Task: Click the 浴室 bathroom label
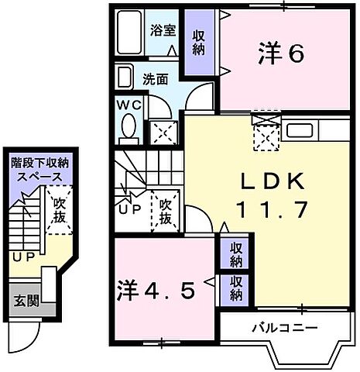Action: point(163,33)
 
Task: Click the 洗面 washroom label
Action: point(155,78)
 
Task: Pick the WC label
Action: point(129,105)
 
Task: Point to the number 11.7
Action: point(272,210)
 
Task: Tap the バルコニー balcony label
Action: point(284,328)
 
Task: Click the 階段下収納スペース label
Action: point(39,169)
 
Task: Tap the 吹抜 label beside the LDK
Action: point(165,210)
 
